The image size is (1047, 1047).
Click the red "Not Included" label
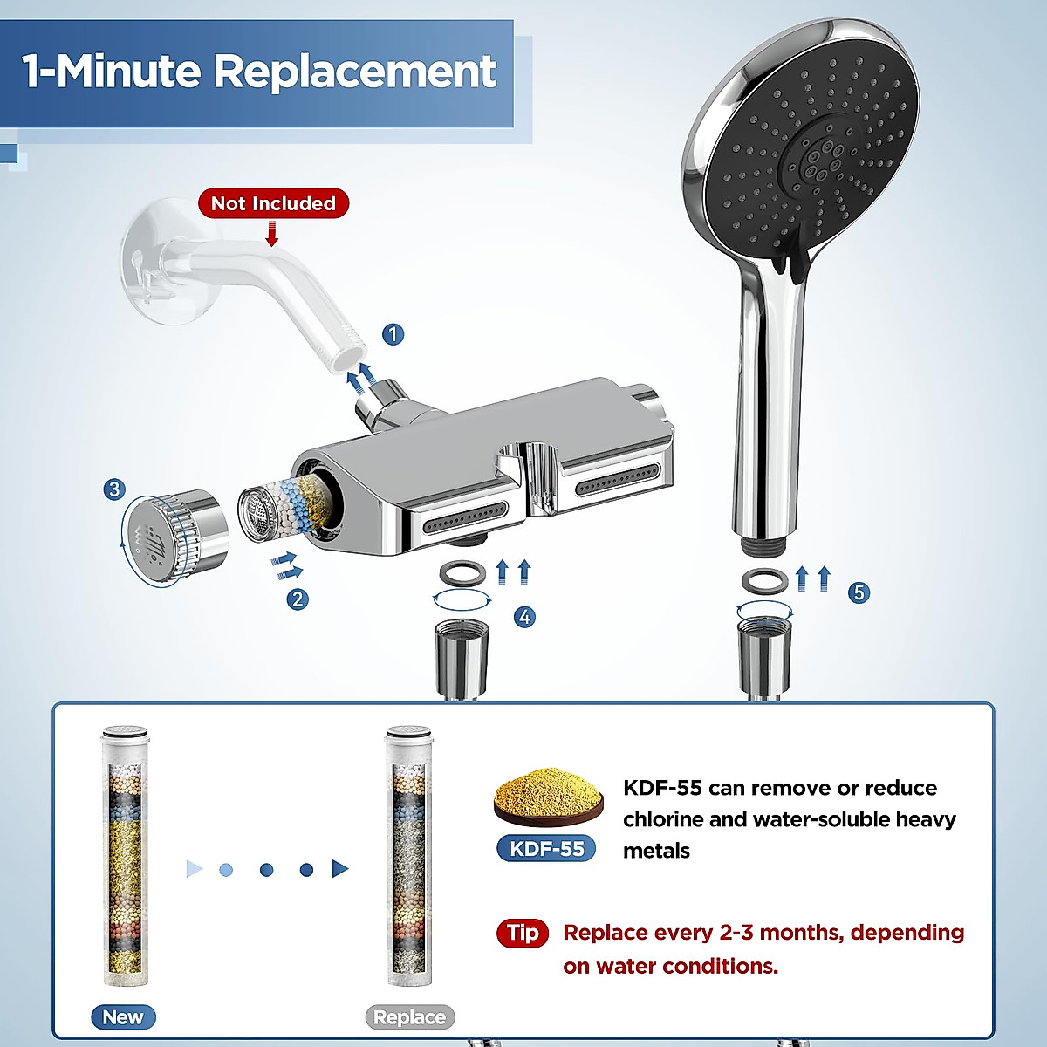coord(273,203)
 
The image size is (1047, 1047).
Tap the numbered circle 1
coord(393,334)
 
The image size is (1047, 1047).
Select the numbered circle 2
coord(298,599)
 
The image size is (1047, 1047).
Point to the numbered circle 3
coord(114,489)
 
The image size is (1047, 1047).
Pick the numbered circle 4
coord(524,617)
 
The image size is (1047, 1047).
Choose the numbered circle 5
coord(859,593)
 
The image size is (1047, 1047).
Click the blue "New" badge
coord(123,1017)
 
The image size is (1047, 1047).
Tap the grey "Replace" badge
coord(409,1017)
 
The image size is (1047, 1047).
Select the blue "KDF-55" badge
coord(547,848)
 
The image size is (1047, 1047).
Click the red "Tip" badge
coord(523,933)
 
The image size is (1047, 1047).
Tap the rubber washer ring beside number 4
coord(461,574)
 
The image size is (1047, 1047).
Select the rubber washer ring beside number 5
coord(765,579)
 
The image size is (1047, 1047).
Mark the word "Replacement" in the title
coord(355,72)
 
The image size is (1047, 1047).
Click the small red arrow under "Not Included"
coord(272,233)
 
